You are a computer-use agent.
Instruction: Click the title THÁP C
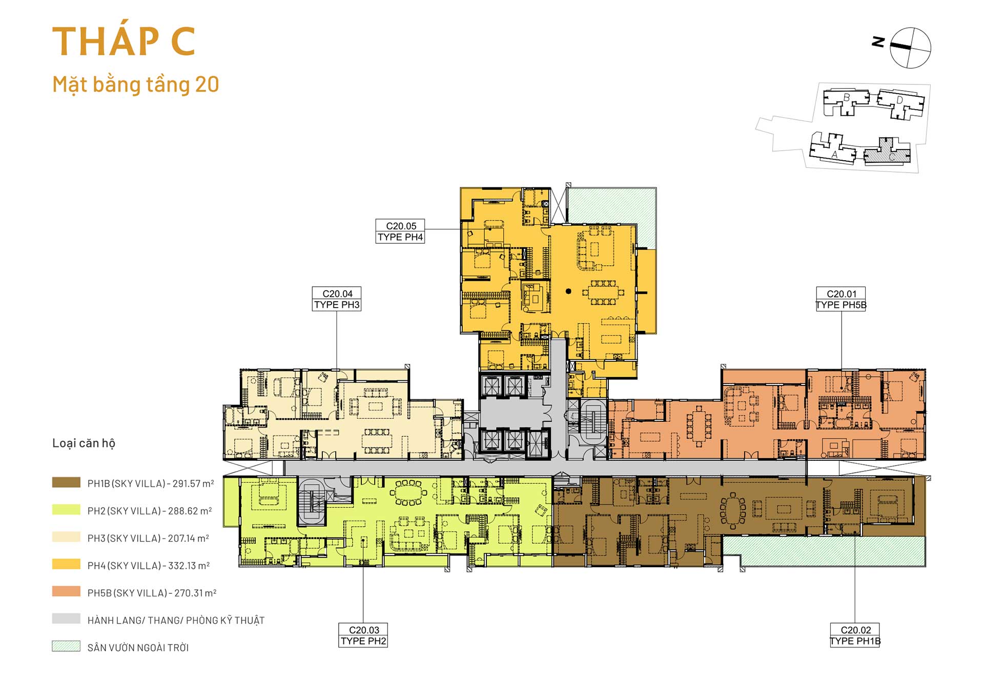click(124, 41)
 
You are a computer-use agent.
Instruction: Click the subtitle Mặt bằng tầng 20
click(136, 84)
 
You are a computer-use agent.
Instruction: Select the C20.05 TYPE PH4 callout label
click(400, 231)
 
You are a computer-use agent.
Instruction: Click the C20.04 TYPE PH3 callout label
click(337, 299)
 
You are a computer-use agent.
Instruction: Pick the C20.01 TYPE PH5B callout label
click(841, 299)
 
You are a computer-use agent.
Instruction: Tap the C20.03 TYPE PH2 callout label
click(363, 635)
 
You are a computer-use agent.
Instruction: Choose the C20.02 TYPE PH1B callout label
click(855, 635)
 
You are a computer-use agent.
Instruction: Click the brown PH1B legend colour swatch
click(66, 482)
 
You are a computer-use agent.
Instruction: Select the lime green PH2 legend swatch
click(66, 510)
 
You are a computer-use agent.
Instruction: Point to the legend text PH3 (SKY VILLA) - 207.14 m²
click(148, 538)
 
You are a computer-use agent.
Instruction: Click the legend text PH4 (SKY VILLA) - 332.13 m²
click(149, 566)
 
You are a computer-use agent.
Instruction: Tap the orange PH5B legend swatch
click(66, 592)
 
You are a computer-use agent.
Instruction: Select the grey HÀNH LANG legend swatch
click(66, 619)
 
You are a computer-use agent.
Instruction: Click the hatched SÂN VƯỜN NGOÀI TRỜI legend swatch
click(66, 647)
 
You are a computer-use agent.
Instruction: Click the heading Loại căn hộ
click(84, 443)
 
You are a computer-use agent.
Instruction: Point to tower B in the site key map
click(846, 102)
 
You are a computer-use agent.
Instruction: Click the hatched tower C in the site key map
click(888, 152)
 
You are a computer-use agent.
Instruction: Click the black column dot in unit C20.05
click(568, 291)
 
